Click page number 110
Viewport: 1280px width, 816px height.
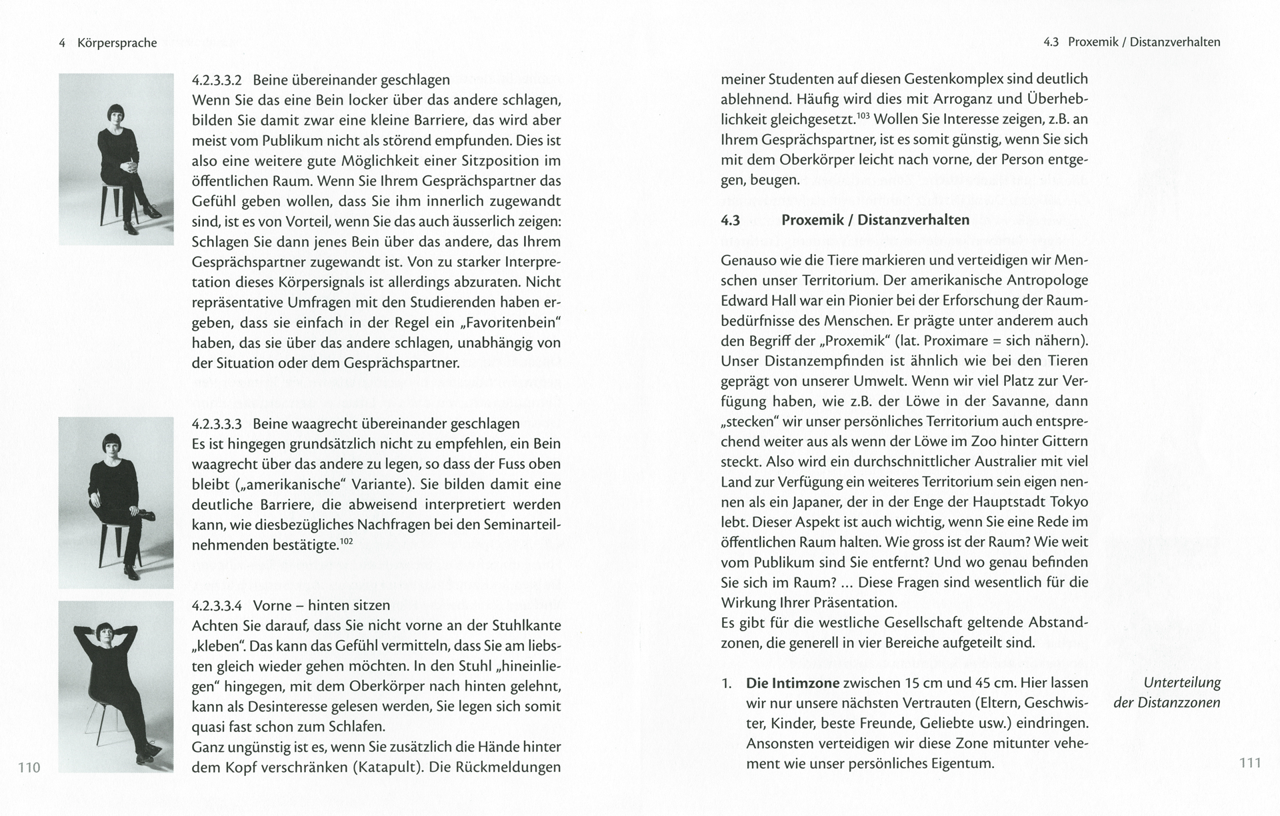(x=29, y=767)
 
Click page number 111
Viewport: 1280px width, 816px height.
(x=1250, y=763)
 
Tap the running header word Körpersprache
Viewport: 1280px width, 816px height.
(x=117, y=43)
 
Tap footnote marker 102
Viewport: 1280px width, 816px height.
(x=346, y=541)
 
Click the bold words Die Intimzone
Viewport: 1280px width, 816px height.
(x=793, y=683)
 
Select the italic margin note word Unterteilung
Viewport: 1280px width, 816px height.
(x=1181, y=683)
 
